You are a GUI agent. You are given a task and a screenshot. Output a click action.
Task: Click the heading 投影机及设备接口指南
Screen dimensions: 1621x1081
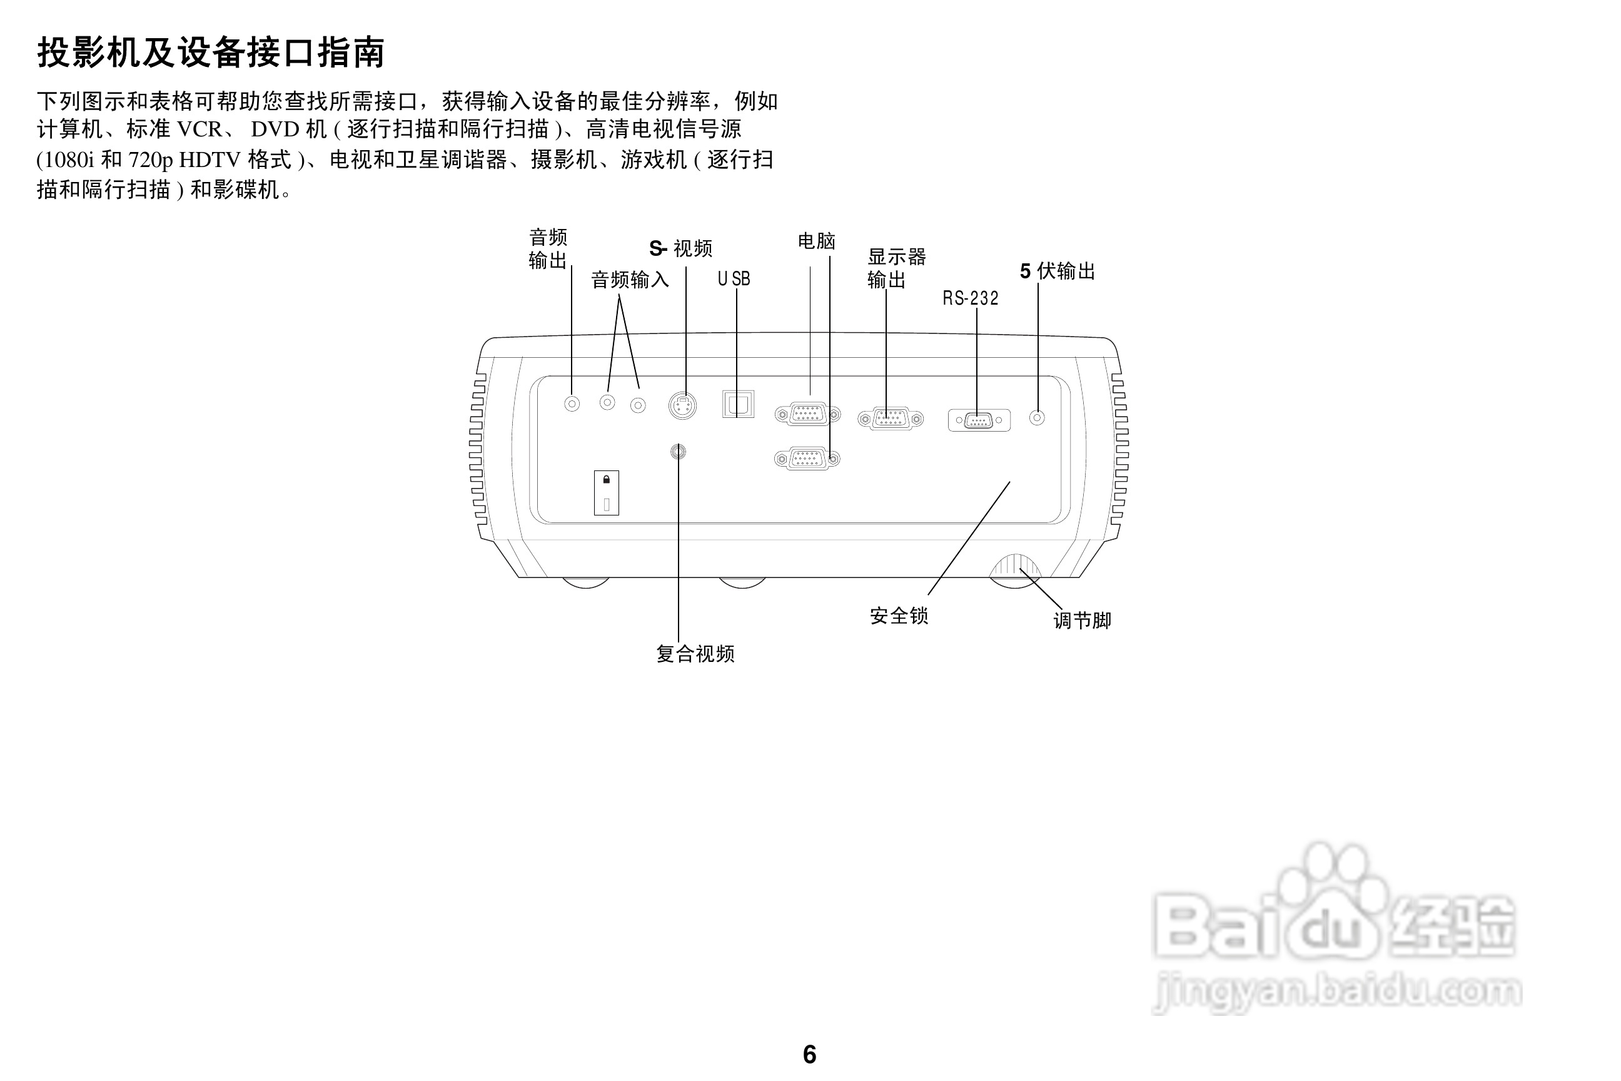coord(210,53)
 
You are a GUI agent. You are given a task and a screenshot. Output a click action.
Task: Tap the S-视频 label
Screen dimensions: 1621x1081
coord(680,248)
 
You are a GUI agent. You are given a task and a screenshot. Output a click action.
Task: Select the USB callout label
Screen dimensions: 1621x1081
coord(734,279)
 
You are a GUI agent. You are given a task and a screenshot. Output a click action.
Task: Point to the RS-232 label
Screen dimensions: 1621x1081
coord(971,298)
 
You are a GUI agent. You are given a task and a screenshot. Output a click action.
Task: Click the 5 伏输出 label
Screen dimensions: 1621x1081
coord(1058,271)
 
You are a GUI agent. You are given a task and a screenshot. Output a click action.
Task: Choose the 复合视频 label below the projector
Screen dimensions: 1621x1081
coord(695,654)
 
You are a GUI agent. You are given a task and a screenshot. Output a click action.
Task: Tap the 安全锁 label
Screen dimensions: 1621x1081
coord(899,616)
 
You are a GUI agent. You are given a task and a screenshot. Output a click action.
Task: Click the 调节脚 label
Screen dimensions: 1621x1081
coord(1082,621)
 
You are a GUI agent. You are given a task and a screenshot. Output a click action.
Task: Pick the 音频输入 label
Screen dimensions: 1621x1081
coord(630,280)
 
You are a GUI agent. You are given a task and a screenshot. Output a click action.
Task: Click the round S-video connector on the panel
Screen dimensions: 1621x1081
coord(682,405)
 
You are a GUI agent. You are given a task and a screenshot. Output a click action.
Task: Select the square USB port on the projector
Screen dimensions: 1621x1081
coord(737,404)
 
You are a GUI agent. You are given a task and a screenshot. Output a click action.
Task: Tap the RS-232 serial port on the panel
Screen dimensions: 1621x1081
coord(979,420)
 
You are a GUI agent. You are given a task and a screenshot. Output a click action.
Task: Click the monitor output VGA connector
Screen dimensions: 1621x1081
coord(891,419)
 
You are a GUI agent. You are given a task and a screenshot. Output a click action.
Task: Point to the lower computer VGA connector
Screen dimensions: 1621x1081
coord(807,459)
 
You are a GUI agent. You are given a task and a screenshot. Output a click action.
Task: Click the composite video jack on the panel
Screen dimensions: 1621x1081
coord(678,452)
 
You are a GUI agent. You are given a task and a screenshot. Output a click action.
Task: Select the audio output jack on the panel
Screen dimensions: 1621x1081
coord(572,403)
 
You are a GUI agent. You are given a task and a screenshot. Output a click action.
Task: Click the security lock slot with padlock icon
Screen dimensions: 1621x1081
coord(607,492)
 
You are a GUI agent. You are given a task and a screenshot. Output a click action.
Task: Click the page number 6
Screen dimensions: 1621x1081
coord(810,1054)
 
